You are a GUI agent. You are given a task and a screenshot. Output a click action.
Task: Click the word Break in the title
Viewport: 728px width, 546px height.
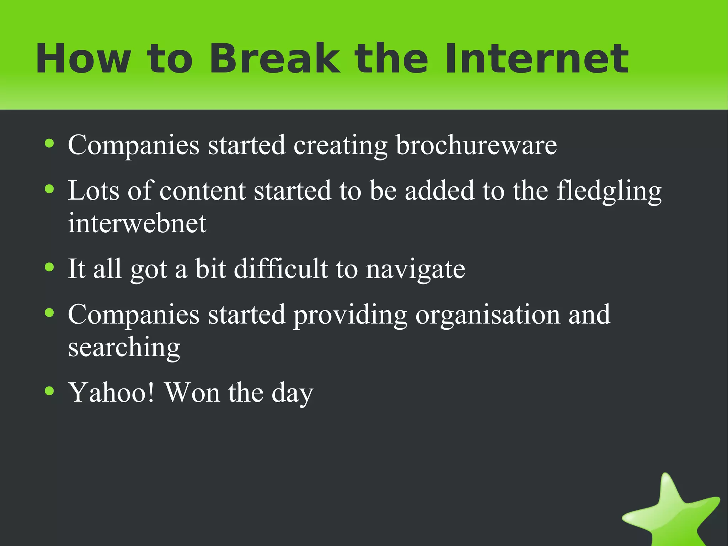point(274,59)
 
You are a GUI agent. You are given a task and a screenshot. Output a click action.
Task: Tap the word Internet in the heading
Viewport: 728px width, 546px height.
point(537,59)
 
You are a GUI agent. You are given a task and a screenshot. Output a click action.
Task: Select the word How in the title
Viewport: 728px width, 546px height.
point(83,59)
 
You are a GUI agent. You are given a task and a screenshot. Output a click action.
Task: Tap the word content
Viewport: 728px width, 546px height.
point(202,191)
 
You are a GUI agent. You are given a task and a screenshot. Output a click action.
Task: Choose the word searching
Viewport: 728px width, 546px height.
point(124,348)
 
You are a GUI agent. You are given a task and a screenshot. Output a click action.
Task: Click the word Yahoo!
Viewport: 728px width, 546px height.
point(112,393)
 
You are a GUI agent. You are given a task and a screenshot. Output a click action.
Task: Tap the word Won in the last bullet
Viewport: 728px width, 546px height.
point(192,393)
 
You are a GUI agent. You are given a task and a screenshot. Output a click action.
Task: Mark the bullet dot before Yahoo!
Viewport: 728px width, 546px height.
point(49,391)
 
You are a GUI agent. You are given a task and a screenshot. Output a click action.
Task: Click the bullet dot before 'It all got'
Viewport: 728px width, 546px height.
point(49,267)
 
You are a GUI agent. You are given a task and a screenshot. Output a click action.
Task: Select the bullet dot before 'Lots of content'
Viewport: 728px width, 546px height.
point(49,189)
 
